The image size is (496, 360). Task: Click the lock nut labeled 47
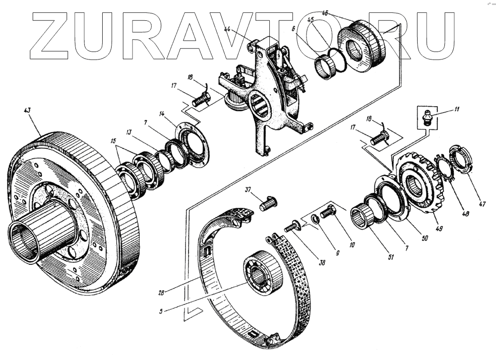coord(459,158)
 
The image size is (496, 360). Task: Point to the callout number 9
coord(336,252)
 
